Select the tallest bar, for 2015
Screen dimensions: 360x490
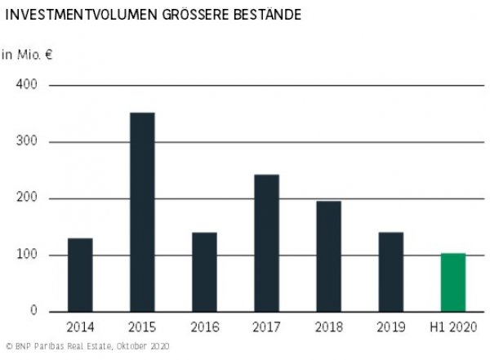click(x=142, y=211)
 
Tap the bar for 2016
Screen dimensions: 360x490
click(x=204, y=271)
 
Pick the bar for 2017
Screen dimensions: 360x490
click(x=266, y=242)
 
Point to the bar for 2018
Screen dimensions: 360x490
click(x=328, y=256)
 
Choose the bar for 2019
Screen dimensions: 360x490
click(x=390, y=271)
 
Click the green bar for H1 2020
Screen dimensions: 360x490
click(x=452, y=282)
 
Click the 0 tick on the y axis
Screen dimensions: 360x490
click(x=34, y=311)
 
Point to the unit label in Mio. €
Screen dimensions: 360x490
click(x=26, y=55)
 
